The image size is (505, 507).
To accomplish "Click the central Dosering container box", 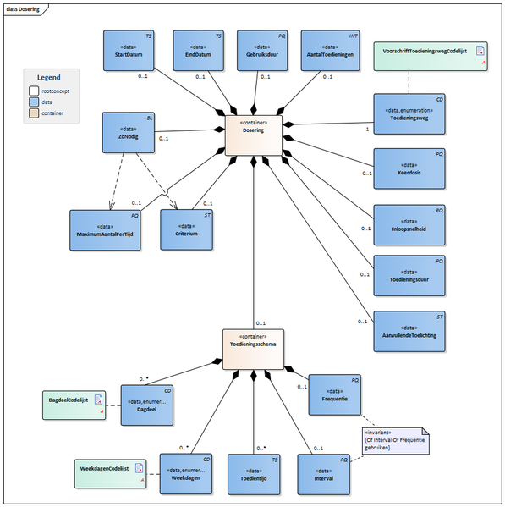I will click(253, 131).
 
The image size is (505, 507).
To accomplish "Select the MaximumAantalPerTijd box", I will click(107, 230).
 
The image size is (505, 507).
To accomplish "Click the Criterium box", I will click(186, 230).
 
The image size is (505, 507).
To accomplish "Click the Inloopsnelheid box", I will click(409, 224).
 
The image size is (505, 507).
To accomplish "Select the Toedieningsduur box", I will click(409, 275).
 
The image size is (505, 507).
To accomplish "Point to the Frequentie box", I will click(336, 394).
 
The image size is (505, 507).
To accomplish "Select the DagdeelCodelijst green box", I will click(74, 404).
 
